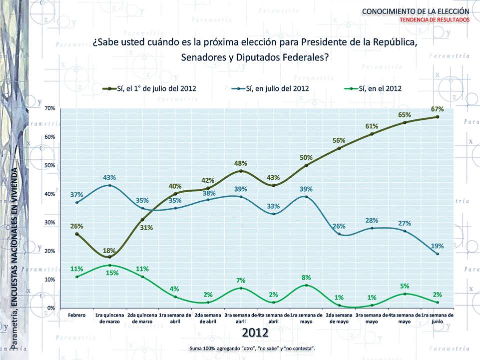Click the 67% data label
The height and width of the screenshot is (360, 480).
coord(438,109)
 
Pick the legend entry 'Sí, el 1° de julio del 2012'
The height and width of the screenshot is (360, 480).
coord(156,88)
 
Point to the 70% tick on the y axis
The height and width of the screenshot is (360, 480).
coord(50,108)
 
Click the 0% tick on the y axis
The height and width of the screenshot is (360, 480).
coord(51,308)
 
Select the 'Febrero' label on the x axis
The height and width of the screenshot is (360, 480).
coord(77,316)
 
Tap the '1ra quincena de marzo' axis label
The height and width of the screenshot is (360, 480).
coord(109,319)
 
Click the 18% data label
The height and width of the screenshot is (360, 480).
coord(110,251)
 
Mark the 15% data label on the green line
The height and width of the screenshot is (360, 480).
coord(110,273)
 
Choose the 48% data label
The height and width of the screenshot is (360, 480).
coord(242,163)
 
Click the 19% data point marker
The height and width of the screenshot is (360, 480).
coord(438,254)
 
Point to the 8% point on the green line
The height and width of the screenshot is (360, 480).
coord(306,285)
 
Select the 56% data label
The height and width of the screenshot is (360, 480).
coord(340,140)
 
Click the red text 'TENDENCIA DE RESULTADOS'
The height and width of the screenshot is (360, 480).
coord(435,19)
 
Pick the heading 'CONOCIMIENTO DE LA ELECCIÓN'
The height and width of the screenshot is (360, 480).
coord(416,11)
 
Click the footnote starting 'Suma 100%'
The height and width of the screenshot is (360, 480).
coord(252,348)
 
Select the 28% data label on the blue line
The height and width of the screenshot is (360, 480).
coord(372,221)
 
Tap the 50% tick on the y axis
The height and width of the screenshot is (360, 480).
coord(50,165)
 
